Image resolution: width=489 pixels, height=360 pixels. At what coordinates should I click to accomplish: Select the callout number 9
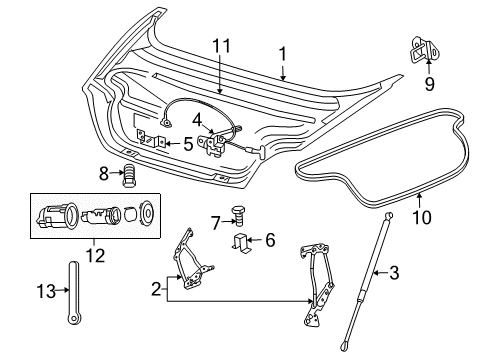point(429,84)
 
